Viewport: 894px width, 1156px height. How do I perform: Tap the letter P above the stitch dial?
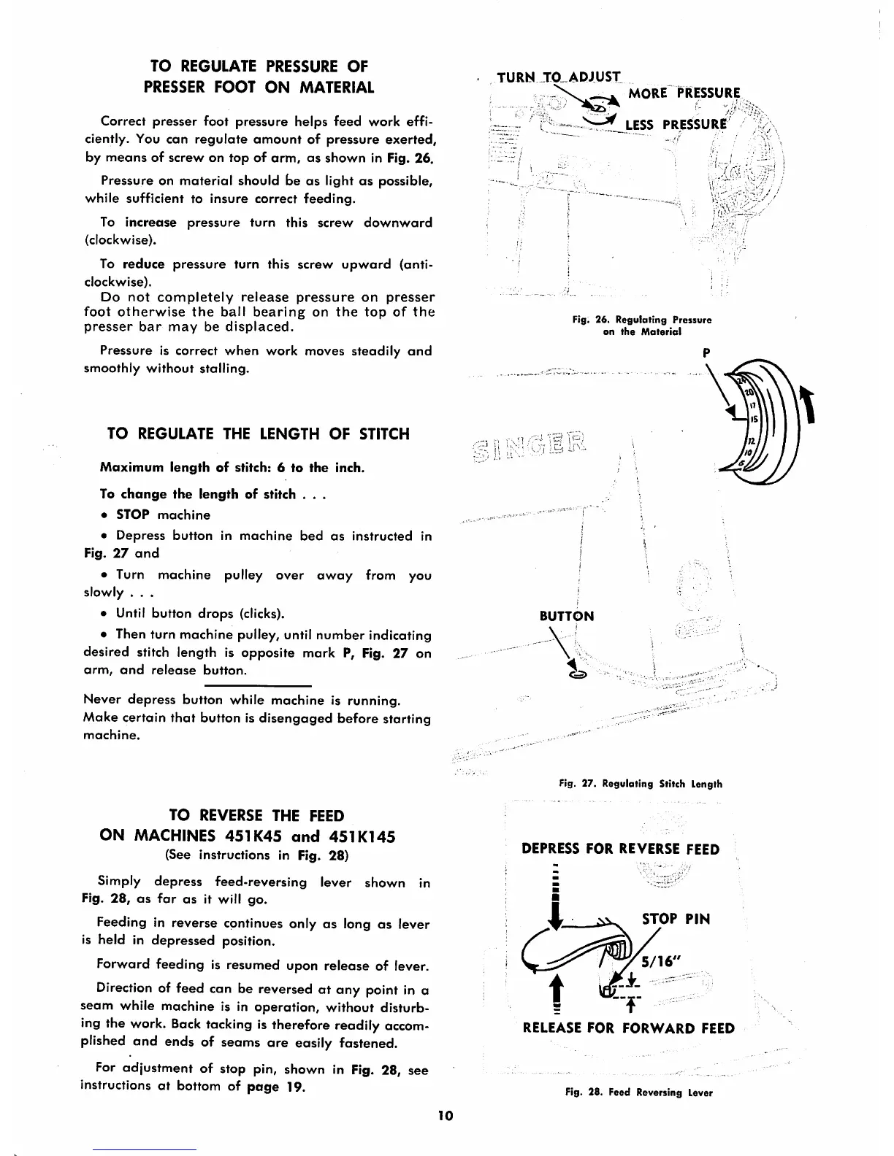pyautogui.click(x=706, y=352)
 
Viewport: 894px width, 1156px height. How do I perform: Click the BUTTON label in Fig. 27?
pyautogui.click(x=566, y=616)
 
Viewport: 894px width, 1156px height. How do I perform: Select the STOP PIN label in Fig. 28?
pyautogui.click(x=676, y=919)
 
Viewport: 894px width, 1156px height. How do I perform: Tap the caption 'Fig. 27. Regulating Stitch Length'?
pyautogui.click(x=640, y=784)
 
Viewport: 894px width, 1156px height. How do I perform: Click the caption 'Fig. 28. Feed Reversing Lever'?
pyautogui.click(x=639, y=1093)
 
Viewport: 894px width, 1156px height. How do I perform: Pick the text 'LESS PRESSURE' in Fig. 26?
pyautogui.click(x=679, y=124)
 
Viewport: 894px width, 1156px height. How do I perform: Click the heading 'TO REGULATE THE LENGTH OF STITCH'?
pyautogui.click(x=258, y=434)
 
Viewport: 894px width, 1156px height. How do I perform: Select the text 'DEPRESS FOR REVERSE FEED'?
pyautogui.click(x=621, y=849)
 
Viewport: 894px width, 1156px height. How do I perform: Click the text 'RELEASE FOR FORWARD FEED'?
pyautogui.click(x=629, y=1028)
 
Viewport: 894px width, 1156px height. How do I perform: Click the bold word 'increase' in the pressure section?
pyautogui.click(x=150, y=223)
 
